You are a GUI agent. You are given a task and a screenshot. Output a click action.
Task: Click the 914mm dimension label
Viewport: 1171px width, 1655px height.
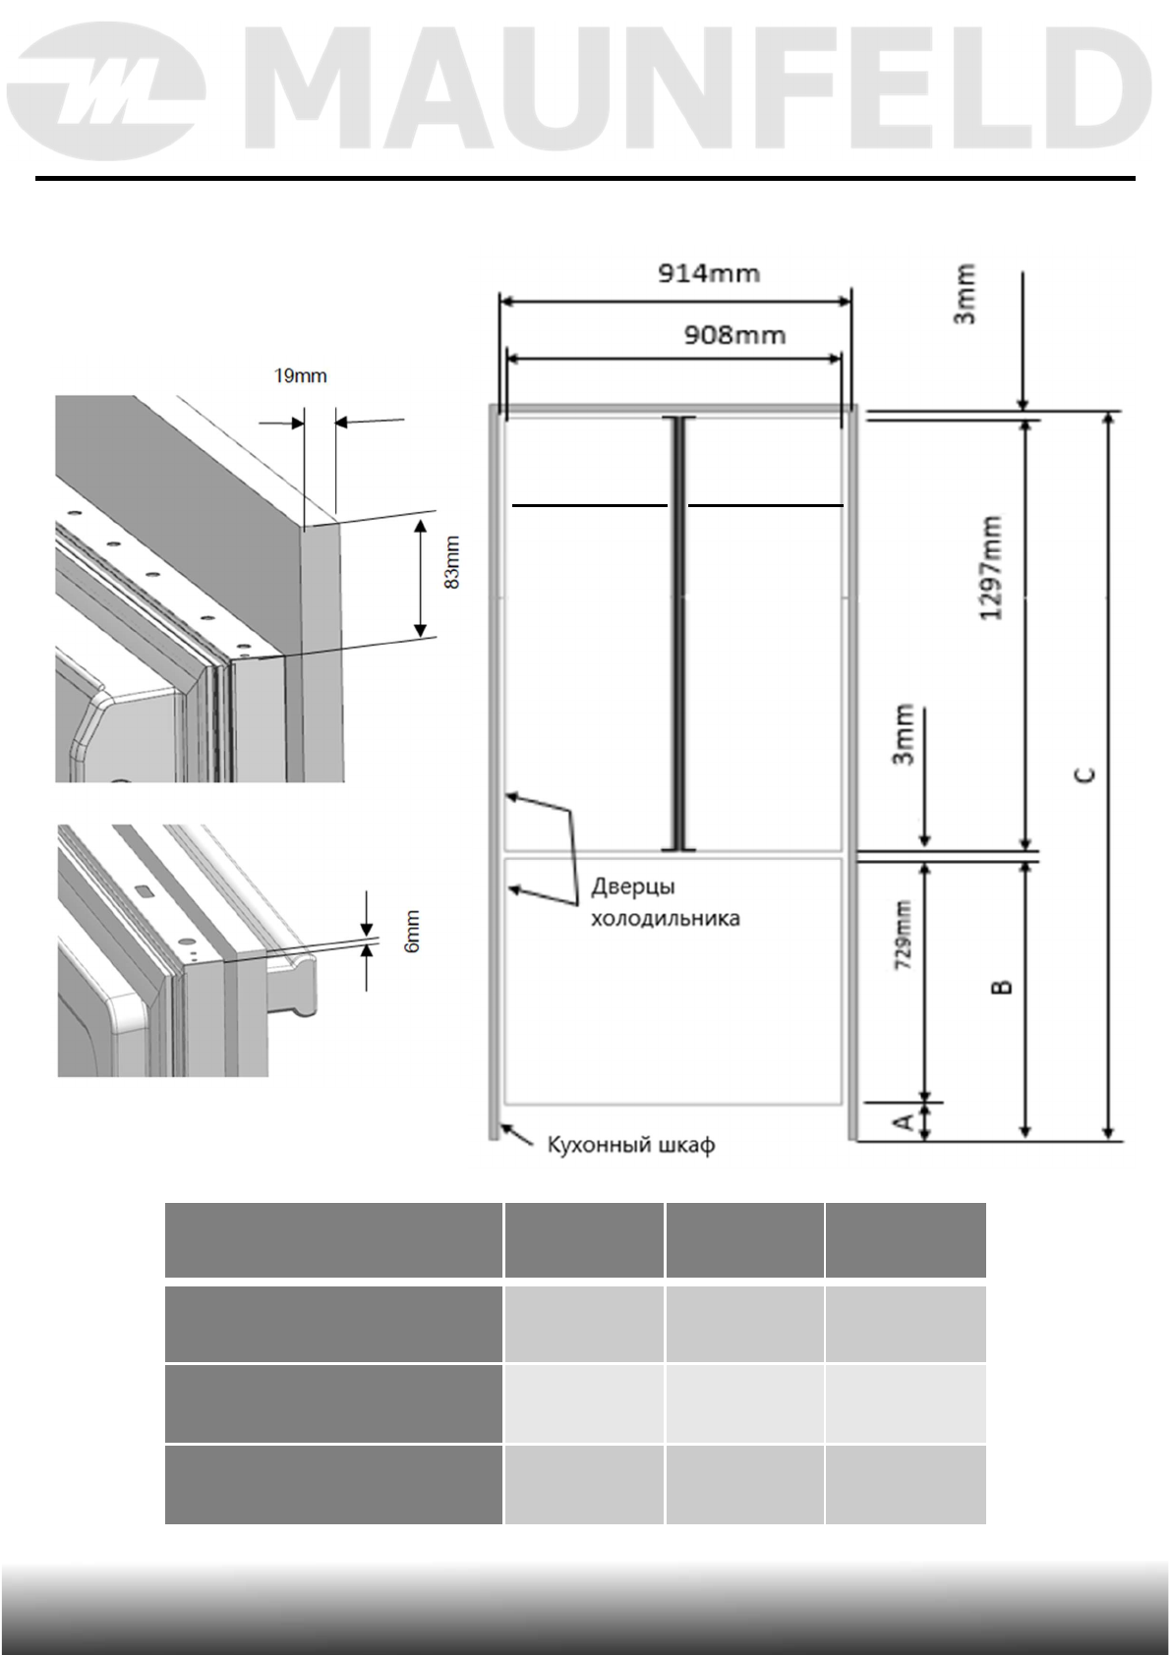tap(708, 273)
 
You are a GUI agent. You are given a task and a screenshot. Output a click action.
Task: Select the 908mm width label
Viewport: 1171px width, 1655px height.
tap(734, 336)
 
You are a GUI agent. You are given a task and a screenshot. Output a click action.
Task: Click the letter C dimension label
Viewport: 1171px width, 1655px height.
tap(1084, 775)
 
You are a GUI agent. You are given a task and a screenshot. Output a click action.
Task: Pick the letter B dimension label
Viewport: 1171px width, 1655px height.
tap(1002, 986)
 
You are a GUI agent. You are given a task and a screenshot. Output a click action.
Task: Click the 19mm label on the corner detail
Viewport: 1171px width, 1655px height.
tap(300, 376)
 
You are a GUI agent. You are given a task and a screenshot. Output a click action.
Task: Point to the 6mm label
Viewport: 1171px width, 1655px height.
tap(413, 930)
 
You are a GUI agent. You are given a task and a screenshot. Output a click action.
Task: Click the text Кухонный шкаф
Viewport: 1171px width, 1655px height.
tap(630, 1144)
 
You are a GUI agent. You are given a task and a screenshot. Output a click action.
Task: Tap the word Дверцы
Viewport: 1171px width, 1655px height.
tap(632, 886)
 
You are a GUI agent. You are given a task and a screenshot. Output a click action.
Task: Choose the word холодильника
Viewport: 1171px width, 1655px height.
tap(665, 919)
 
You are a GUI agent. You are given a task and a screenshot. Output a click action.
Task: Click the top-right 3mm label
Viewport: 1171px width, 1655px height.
tap(966, 293)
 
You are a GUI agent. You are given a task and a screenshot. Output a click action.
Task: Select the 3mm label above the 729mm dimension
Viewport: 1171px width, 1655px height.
tap(905, 733)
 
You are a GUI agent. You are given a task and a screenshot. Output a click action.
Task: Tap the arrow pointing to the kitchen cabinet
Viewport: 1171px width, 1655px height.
tap(518, 1137)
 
